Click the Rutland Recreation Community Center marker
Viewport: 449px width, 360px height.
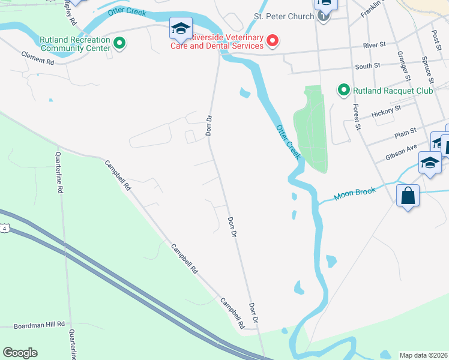(119, 43)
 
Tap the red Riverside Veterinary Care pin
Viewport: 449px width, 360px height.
(273, 41)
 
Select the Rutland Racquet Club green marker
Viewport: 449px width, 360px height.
(344, 91)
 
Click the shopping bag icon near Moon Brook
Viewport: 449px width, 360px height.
(408, 196)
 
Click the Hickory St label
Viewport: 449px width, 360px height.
(386, 112)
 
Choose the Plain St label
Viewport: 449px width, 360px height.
(405, 136)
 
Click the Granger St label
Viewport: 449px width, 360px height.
(403, 65)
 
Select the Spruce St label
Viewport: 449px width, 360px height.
(428, 70)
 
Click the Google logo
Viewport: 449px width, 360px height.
(20, 353)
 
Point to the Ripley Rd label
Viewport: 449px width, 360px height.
(70, 12)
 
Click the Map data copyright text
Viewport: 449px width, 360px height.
(423, 355)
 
